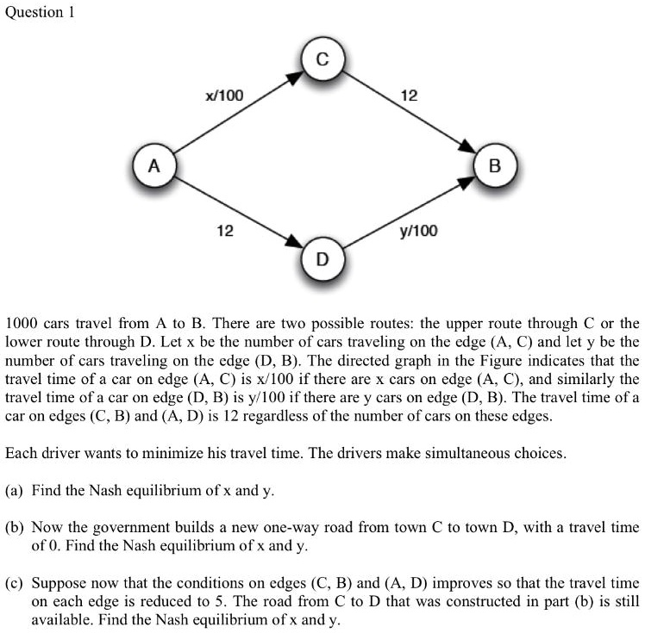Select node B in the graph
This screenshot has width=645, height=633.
tap(494, 165)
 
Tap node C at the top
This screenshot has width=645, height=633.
tap(322, 60)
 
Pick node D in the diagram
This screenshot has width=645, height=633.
tap(322, 258)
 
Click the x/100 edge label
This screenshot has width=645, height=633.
tap(224, 96)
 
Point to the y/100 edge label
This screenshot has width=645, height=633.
tap(418, 231)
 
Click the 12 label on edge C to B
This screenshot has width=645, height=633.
tap(410, 96)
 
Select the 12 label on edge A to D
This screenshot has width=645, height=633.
tap(224, 231)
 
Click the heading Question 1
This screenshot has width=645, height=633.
tap(41, 12)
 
